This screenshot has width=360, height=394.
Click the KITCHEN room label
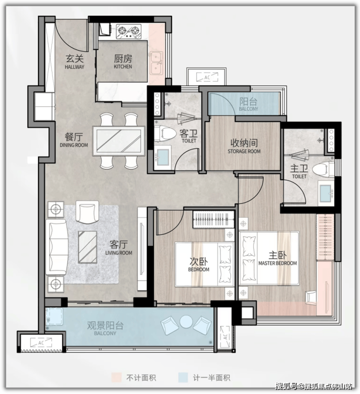pyautogui.click(x=123, y=67)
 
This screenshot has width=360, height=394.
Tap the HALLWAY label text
pyautogui.click(x=74, y=67)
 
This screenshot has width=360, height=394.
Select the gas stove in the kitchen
pyautogui.click(x=128, y=31)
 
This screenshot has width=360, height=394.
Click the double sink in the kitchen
pyautogui.click(x=157, y=63)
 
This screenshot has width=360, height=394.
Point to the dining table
pyautogui.click(x=119, y=141)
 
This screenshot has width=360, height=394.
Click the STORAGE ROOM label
pyautogui.click(x=244, y=151)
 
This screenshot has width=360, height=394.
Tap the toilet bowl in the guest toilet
pyautogui.click(x=165, y=133)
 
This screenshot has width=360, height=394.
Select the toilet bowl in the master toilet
pyautogui.click(x=324, y=169)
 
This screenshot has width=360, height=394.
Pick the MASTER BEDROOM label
pyautogui.click(x=278, y=263)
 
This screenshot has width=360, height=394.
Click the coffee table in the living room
pyautogui.click(x=88, y=247)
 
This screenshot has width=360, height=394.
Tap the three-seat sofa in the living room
pyautogui.click(x=56, y=247)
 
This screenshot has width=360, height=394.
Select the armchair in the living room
pyautogui.click(x=87, y=212)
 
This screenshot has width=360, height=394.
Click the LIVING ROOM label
pyautogui.click(x=119, y=253)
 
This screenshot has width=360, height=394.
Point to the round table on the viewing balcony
pyautogui.click(x=186, y=321)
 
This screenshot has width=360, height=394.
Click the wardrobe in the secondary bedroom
pyautogui.click(x=213, y=219)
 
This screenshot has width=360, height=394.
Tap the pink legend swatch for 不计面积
pyautogui.click(x=116, y=377)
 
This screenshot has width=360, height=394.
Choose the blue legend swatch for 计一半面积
pyautogui.click(x=183, y=377)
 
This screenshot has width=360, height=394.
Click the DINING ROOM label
pyautogui.click(x=74, y=145)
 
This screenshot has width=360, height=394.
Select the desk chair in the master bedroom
pyautogui.click(x=311, y=297)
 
